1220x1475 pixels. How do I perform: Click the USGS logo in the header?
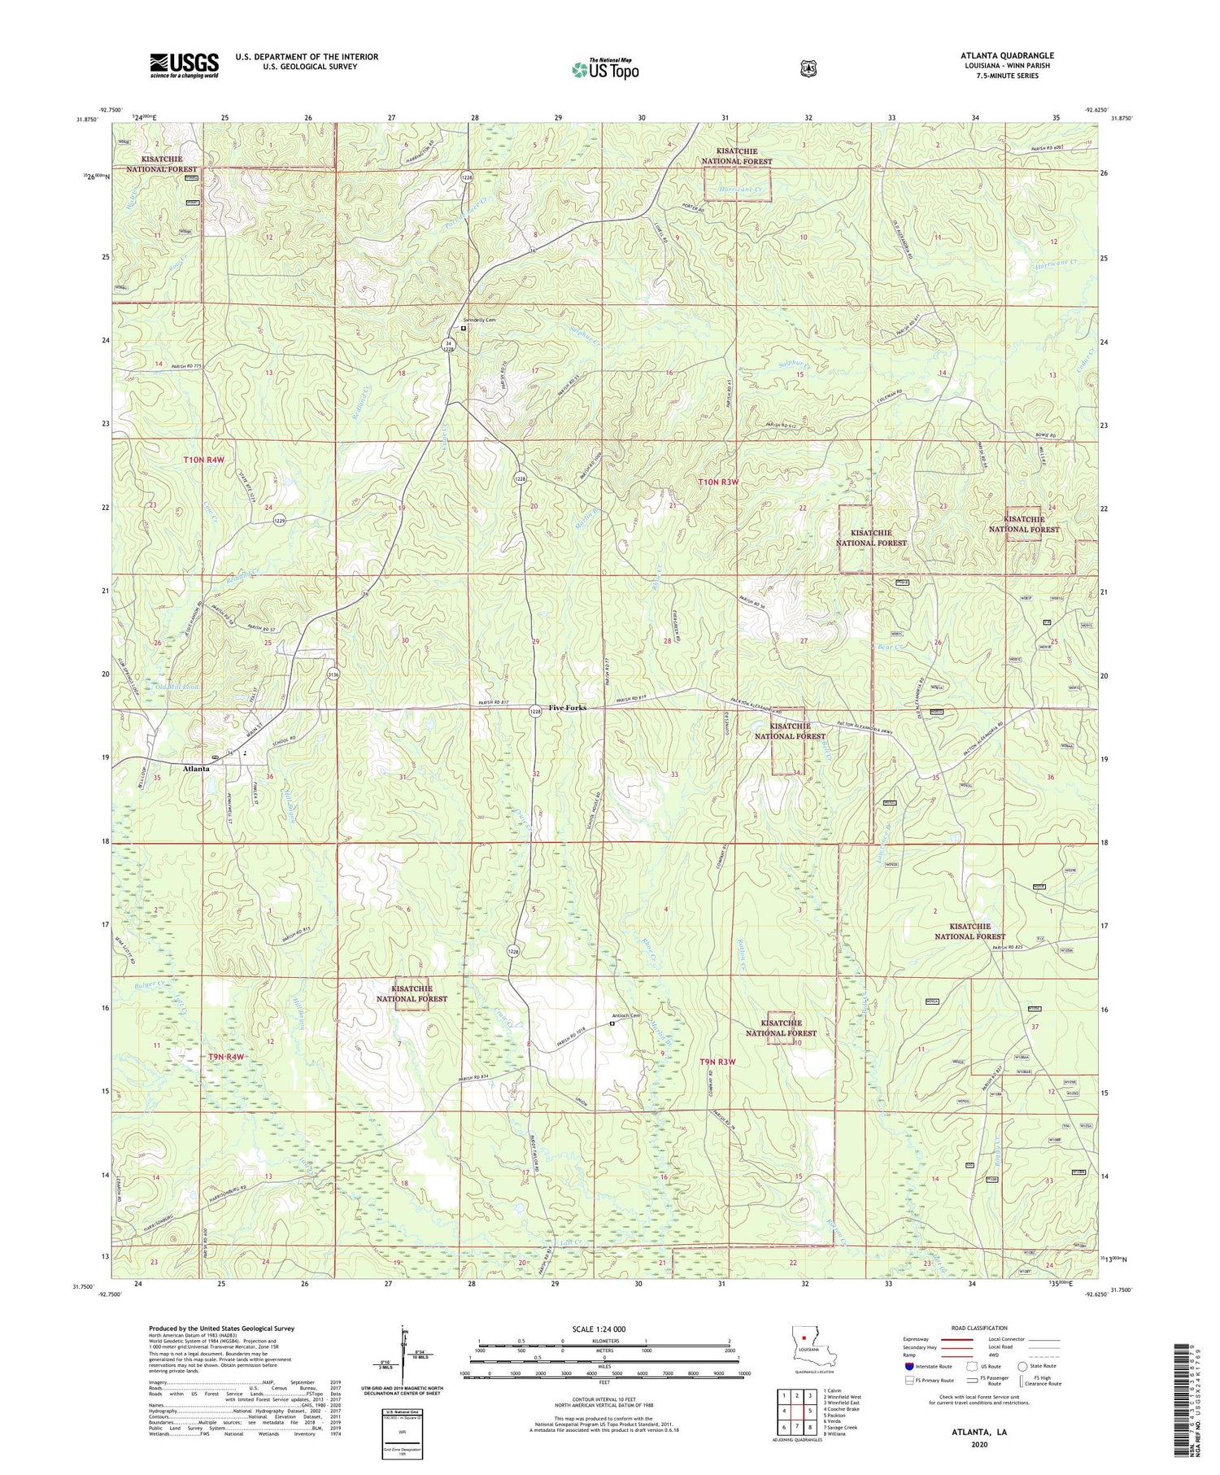click(x=184, y=65)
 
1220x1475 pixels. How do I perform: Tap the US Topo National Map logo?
click(x=605, y=69)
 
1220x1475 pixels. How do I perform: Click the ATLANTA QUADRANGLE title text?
click(x=1006, y=55)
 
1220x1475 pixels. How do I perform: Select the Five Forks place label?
click(x=567, y=708)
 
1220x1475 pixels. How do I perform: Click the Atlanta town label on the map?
click(x=196, y=768)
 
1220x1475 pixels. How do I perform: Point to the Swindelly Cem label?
click(x=480, y=321)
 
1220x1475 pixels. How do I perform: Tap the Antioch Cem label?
click(x=626, y=1015)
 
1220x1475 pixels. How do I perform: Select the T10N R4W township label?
click(x=203, y=460)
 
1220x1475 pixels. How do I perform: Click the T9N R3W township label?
click(x=717, y=1062)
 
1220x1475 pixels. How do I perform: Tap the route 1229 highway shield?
click(x=279, y=521)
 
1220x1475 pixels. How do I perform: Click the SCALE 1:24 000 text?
click(x=599, y=1329)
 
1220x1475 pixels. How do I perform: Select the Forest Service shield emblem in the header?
click(x=808, y=69)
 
